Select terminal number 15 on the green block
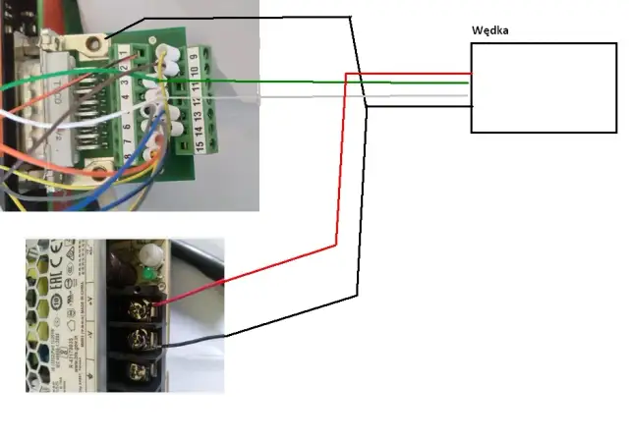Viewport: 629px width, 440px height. [200, 146]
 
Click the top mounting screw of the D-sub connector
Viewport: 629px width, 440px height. [96, 42]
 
